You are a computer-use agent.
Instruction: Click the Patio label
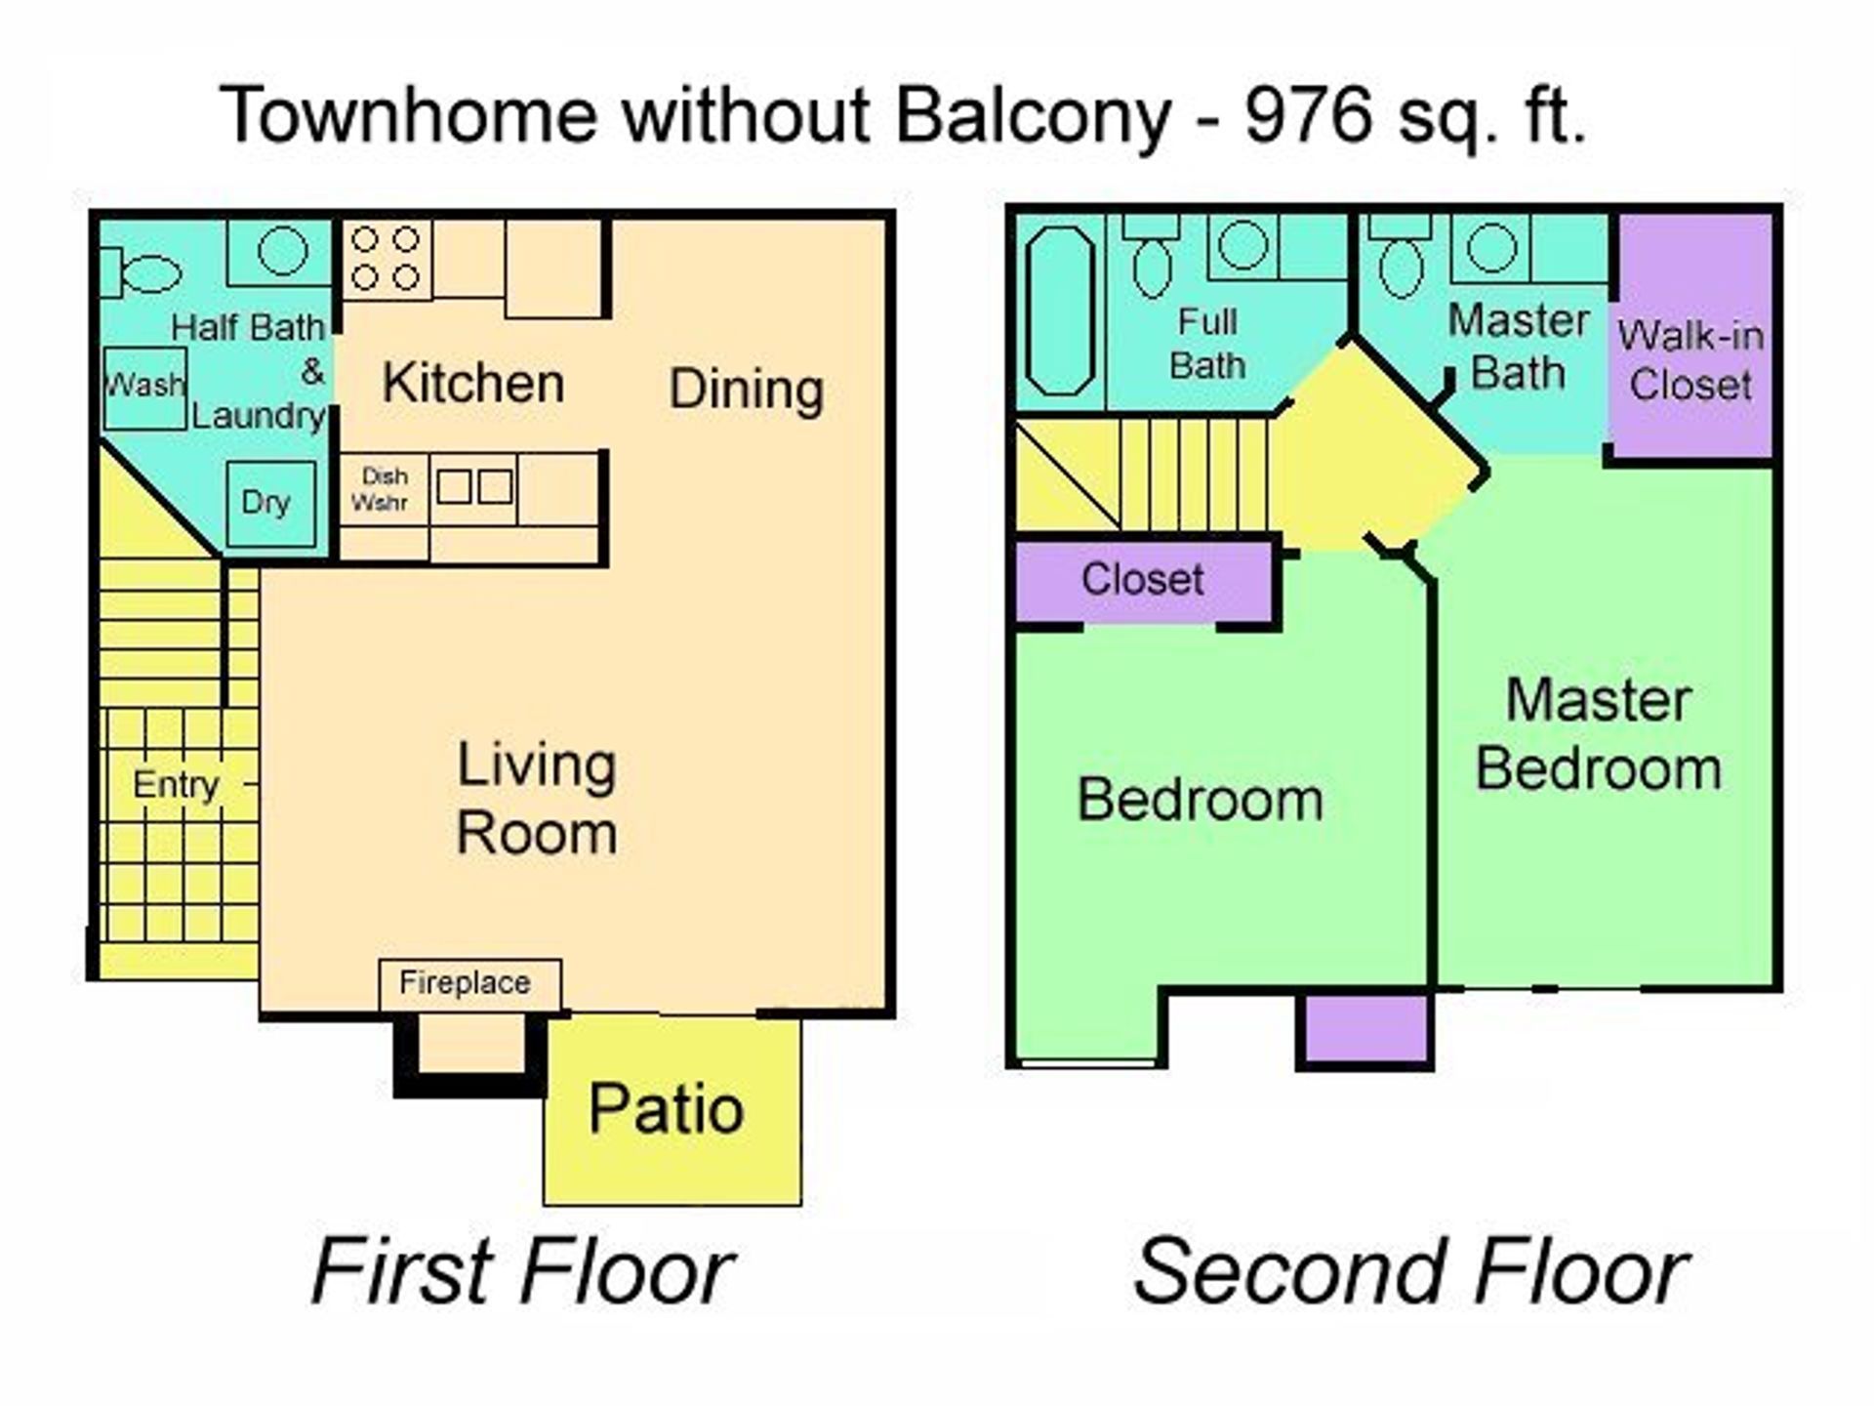tap(667, 1110)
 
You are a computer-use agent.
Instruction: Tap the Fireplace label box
tap(469, 984)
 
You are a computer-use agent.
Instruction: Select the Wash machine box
tap(144, 388)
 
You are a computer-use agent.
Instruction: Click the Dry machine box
tap(270, 504)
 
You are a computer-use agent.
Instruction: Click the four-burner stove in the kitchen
tap(386, 259)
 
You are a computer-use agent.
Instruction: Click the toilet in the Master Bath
tap(1403, 256)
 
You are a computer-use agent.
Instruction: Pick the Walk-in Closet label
tap(1691, 360)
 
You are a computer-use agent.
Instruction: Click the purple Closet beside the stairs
tap(1143, 581)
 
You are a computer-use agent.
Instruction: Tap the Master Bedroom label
tap(1598, 734)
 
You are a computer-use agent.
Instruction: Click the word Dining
tap(747, 390)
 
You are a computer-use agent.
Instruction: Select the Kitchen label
tap(473, 383)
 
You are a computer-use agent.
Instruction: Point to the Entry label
tap(176, 785)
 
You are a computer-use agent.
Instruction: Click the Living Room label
tap(537, 799)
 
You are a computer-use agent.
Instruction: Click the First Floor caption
tap(522, 1270)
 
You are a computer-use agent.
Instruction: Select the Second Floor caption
tap(1410, 1270)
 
